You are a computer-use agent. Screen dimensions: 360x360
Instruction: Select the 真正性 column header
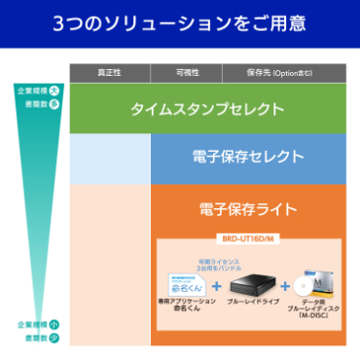[109, 74]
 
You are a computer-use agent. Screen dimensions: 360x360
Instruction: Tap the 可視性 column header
[187, 74]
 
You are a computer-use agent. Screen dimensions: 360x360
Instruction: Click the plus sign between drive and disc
[285, 287]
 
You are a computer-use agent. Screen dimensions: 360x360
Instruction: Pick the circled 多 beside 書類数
[54, 101]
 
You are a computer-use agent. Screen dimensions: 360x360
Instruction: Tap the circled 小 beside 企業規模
[54, 324]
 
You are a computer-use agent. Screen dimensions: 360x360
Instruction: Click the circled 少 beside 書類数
[54, 337]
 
